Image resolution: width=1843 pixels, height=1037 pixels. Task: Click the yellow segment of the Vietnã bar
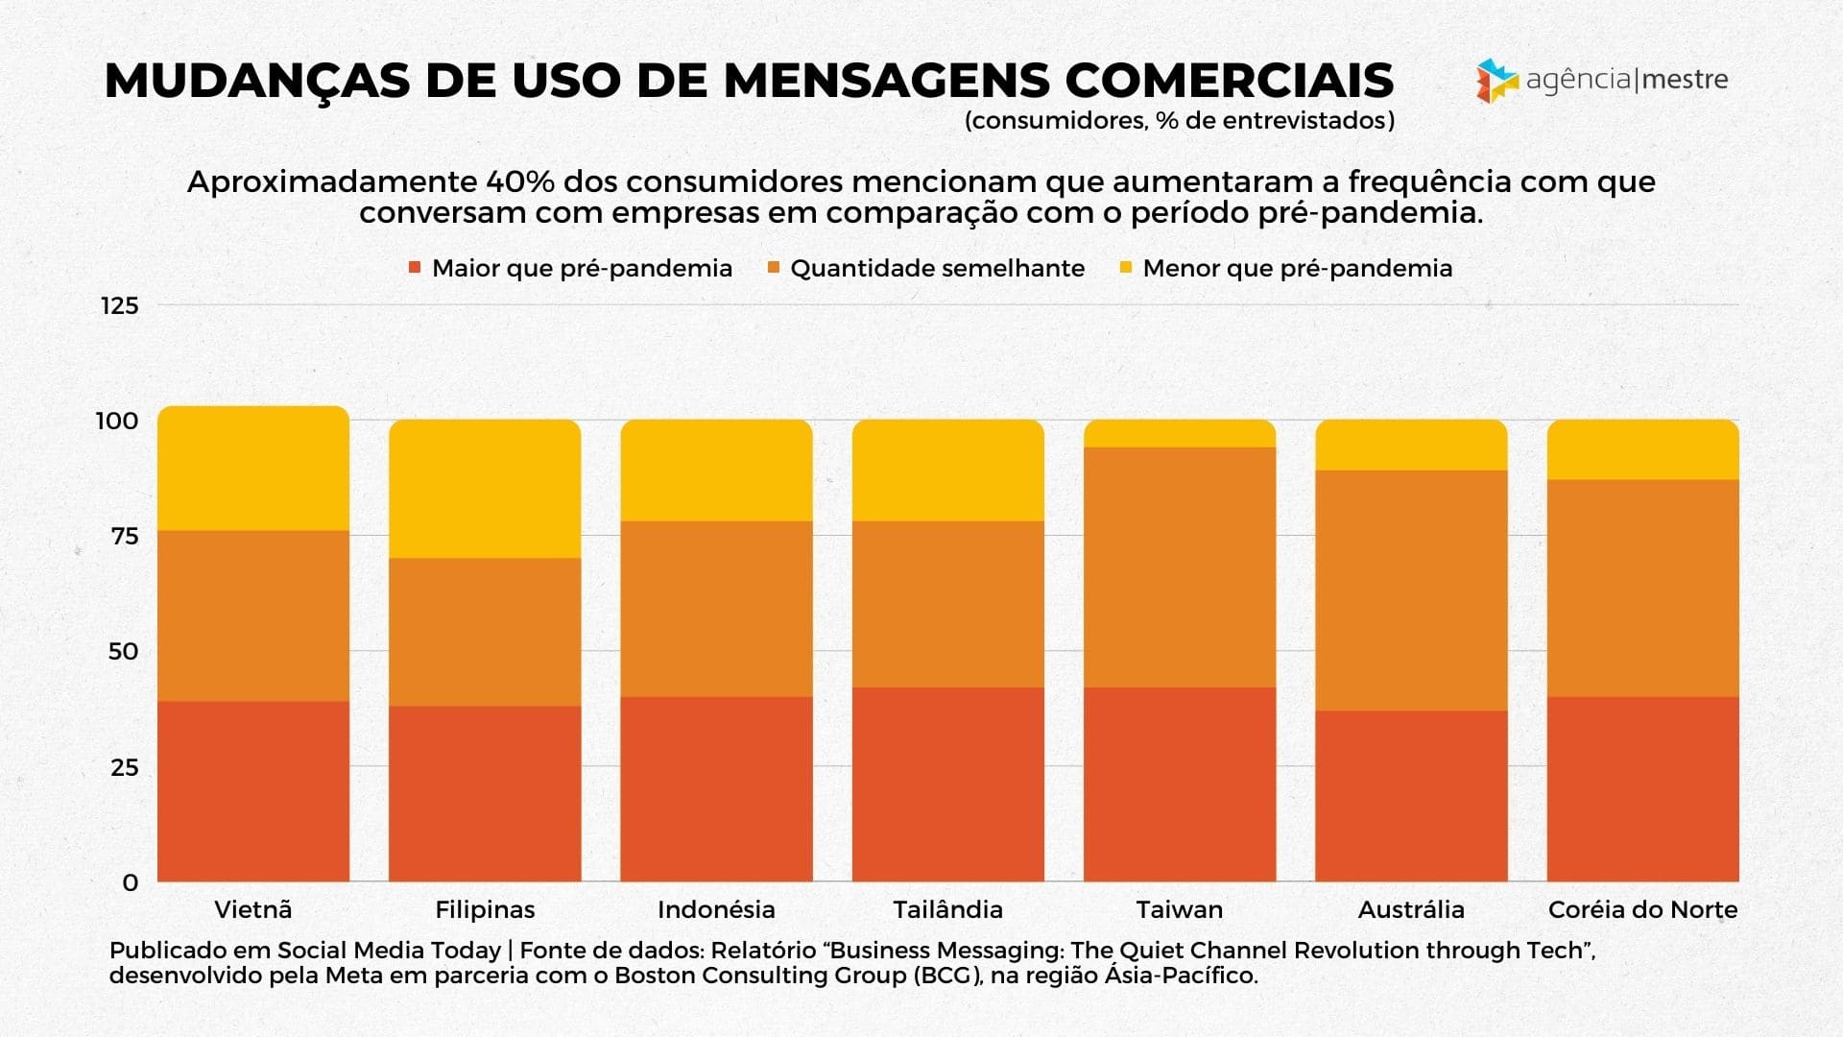tap(253, 469)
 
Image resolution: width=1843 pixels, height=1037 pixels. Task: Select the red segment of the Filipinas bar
tap(485, 793)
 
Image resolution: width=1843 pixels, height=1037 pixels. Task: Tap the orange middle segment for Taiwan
tap(1180, 567)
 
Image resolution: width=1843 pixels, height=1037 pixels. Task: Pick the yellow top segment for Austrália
tap(1411, 445)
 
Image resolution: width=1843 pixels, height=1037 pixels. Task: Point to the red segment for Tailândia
tap(948, 784)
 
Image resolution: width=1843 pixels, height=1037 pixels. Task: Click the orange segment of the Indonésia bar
tap(716, 609)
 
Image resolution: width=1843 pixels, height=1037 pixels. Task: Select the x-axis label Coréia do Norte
tap(1642, 909)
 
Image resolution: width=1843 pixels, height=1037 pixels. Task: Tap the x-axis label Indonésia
tap(716, 909)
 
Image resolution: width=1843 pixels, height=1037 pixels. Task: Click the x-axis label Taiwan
tap(1180, 909)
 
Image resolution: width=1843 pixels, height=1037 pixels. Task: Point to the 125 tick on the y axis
tap(120, 305)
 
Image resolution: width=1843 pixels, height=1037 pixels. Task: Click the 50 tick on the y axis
tap(124, 651)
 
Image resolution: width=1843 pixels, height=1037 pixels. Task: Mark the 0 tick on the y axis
tap(131, 882)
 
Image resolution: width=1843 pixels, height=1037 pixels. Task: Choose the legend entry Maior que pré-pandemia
tap(582, 268)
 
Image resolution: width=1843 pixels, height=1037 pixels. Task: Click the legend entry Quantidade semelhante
tap(937, 268)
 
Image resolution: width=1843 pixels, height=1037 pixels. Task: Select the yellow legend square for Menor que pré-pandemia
tap(1126, 268)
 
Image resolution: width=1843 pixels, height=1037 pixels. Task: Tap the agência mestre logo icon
tap(1496, 81)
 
